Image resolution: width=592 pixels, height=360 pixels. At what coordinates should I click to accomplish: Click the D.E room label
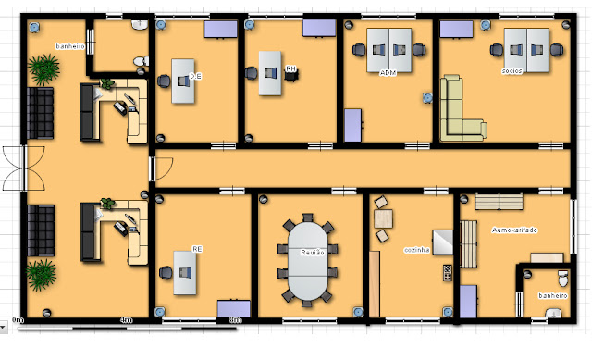[195, 75]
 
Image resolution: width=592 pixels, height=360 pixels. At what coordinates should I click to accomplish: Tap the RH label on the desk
[290, 68]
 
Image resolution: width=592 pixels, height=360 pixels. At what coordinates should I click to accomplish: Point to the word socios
[512, 70]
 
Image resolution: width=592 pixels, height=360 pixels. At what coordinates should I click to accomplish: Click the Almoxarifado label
[515, 230]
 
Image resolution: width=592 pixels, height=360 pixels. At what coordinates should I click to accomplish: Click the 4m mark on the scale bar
[127, 320]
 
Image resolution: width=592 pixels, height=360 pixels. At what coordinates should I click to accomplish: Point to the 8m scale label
[235, 320]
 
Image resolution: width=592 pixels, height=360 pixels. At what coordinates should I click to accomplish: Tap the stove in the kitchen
[448, 273]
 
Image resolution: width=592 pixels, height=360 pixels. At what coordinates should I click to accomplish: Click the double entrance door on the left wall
[23, 168]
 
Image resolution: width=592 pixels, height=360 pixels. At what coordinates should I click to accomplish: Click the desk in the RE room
[184, 273]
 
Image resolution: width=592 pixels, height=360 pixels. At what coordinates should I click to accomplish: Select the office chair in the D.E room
[165, 81]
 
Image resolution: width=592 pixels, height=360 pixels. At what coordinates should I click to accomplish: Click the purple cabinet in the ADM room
[352, 125]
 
